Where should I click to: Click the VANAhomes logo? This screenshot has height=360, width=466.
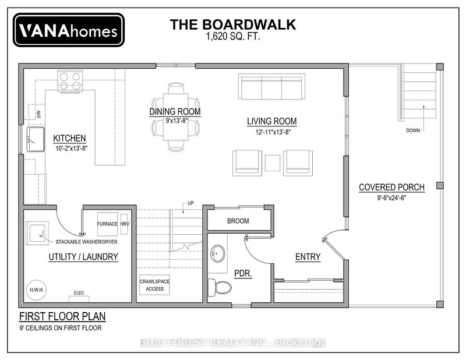coord(69,30)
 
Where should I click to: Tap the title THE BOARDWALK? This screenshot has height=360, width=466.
coord(233,24)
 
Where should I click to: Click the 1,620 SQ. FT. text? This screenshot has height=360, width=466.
coord(233,37)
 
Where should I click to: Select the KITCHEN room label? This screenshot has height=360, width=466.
coord(69,138)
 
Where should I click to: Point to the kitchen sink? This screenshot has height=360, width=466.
coord(36,139)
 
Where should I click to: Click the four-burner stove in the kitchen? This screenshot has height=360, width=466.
coord(70,81)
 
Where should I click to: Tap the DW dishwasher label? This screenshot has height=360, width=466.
coord(39,114)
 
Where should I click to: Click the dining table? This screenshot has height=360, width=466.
coord(176,117)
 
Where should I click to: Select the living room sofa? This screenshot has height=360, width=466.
coord(271,87)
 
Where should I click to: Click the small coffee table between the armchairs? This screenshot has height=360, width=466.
coord(273,163)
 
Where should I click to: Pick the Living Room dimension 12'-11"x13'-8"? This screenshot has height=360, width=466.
coord(273,132)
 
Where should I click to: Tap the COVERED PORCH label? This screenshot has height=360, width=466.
coord(391,188)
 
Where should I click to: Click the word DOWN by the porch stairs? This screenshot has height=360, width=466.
coord(413,130)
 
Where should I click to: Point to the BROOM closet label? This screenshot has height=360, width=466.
coord(238,221)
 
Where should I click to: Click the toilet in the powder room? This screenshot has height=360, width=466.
coord(220,287)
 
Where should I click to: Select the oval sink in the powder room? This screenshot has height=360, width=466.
coord(217,253)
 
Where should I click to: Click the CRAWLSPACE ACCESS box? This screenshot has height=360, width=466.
coord(154,285)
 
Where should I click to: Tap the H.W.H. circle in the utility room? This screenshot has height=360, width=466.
coord(37,290)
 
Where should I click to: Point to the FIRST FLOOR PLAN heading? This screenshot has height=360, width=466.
coord(62,316)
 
